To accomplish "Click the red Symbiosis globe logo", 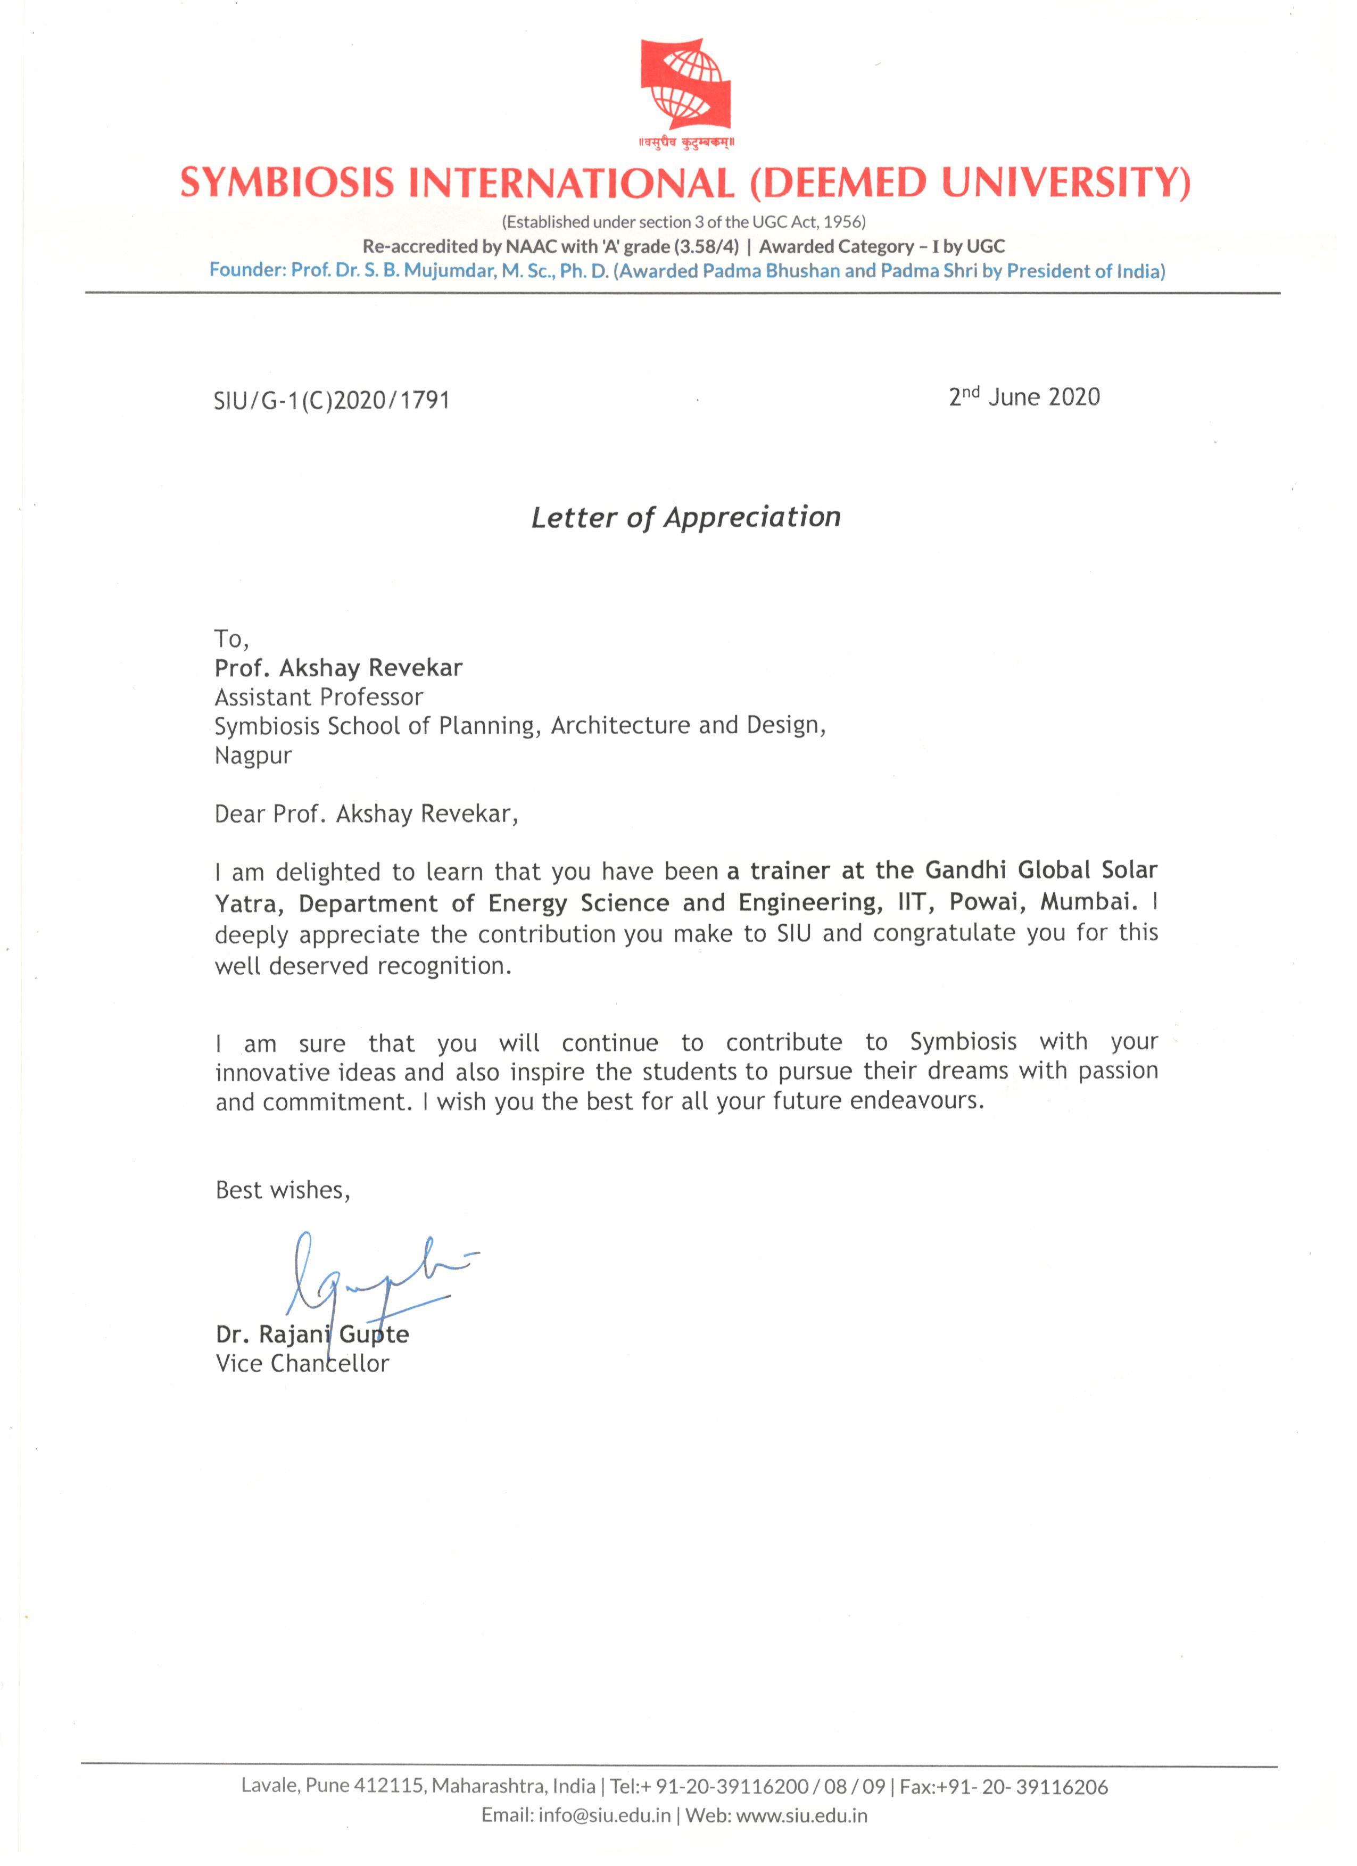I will click(x=685, y=84).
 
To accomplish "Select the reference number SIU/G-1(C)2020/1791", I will click(x=331, y=401).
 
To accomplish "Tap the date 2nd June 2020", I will click(x=1024, y=397).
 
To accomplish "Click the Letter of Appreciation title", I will click(x=685, y=518).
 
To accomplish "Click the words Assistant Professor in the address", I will click(x=318, y=697).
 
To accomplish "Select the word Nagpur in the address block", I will click(x=253, y=756).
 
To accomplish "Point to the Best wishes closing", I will click(x=282, y=1190).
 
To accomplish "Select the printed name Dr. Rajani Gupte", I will click(x=312, y=1334).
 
